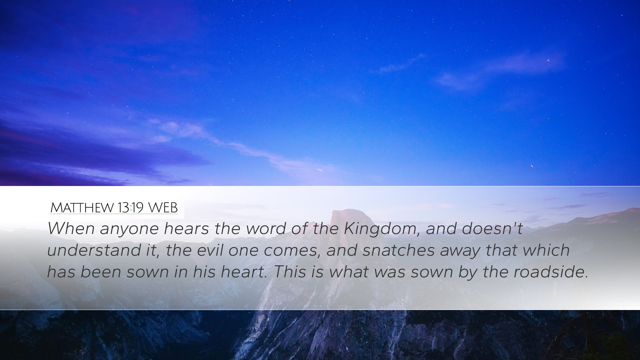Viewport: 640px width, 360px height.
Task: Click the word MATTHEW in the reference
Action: [82, 208]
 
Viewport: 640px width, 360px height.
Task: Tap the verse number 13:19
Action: [130, 208]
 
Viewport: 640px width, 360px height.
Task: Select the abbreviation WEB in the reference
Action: [163, 208]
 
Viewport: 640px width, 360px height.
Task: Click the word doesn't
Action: [492, 228]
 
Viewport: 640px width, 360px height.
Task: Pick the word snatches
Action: [399, 250]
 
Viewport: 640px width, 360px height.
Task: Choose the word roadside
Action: [551, 272]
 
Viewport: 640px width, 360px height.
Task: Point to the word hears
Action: [186, 228]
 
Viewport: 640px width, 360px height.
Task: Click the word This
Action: [289, 272]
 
